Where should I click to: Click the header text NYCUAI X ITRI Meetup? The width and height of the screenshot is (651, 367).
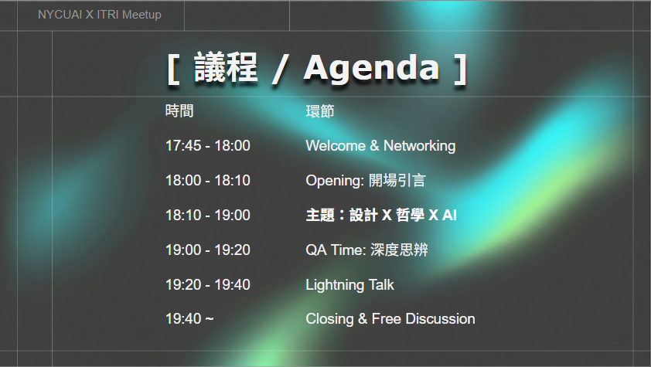coord(100,15)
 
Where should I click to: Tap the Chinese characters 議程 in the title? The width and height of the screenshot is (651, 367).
coord(226,67)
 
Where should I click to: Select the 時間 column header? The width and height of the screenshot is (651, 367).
coord(179,111)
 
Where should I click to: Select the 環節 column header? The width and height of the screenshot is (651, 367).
coord(320,111)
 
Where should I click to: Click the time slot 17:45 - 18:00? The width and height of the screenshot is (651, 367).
coord(207,145)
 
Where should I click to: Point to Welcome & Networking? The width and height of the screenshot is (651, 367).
coord(380,146)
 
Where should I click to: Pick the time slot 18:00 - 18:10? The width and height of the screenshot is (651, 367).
coord(207,180)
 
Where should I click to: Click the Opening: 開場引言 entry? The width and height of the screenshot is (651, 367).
coord(366,181)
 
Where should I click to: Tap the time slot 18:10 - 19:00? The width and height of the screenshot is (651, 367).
coord(207,216)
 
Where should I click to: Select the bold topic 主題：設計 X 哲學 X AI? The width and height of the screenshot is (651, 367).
coord(381,216)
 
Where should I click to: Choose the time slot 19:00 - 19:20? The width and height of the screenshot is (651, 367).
coord(207,250)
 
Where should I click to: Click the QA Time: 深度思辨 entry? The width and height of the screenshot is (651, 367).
coord(366,250)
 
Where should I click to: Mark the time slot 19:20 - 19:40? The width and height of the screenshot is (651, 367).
coord(207,285)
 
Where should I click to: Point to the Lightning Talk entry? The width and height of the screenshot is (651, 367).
coord(350,285)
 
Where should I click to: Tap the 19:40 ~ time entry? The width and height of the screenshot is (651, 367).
coord(189,319)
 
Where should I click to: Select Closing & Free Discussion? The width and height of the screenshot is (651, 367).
coord(390,319)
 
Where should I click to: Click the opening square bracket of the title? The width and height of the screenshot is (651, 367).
coord(173,70)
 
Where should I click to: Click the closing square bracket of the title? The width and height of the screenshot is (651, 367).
coord(460,70)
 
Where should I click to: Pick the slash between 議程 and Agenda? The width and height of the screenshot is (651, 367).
coord(281,70)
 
